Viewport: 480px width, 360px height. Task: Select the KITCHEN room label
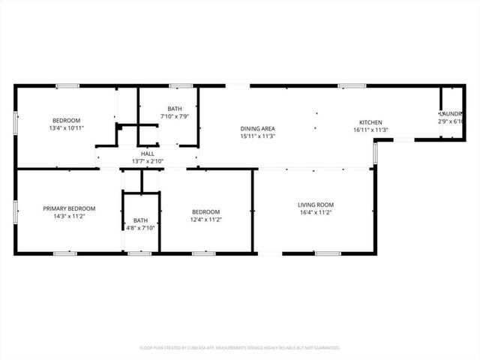pyautogui.click(x=370, y=122)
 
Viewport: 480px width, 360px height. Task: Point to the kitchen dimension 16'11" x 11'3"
pyautogui.click(x=370, y=130)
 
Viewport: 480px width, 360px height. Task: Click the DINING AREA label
pyautogui.click(x=258, y=128)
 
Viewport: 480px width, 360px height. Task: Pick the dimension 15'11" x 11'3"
pyautogui.click(x=258, y=136)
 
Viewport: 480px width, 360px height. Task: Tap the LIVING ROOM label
pyautogui.click(x=316, y=205)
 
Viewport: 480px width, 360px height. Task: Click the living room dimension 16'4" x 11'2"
pyautogui.click(x=316, y=213)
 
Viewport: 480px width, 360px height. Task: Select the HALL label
pyautogui.click(x=148, y=153)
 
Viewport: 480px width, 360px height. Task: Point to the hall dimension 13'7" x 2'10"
pyautogui.click(x=148, y=161)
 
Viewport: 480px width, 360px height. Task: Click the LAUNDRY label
pyautogui.click(x=451, y=114)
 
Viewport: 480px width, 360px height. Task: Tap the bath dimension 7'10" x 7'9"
pyautogui.click(x=175, y=116)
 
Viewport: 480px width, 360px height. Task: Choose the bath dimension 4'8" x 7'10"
pyautogui.click(x=141, y=228)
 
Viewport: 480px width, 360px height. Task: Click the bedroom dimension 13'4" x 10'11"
pyautogui.click(x=66, y=128)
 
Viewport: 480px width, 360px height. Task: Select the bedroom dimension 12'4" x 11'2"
pyautogui.click(x=205, y=220)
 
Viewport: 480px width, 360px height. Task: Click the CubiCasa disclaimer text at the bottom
pyautogui.click(x=240, y=348)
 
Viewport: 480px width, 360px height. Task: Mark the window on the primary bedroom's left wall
pyautogui.click(x=15, y=211)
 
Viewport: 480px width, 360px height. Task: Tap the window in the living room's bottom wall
pyautogui.click(x=327, y=253)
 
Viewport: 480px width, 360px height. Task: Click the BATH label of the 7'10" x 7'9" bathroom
pyautogui.click(x=175, y=109)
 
